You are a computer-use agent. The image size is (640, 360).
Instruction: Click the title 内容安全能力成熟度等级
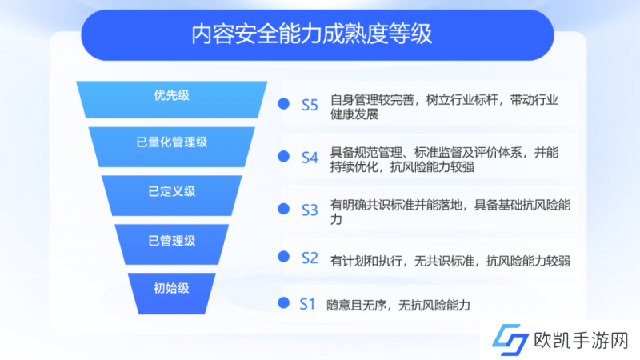(x=311, y=34)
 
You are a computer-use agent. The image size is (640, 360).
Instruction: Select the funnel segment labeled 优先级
(x=171, y=99)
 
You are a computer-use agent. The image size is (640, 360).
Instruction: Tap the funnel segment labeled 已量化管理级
(x=171, y=146)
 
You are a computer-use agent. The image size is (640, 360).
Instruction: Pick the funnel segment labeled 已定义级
(x=171, y=195)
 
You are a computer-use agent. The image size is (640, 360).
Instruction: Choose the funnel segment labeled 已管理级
(x=171, y=244)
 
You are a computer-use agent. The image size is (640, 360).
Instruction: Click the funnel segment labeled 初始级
(x=171, y=294)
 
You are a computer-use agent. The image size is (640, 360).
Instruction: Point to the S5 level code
(x=310, y=106)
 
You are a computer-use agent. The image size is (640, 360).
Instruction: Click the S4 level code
(x=310, y=158)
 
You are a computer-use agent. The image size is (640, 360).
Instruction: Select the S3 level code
(x=310, y=210)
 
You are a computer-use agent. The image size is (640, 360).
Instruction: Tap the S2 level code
(x=310, y=258)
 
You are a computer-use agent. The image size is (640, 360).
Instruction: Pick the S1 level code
(x=307, y=304)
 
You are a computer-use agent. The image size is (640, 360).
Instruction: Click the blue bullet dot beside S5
(x=284, y=104)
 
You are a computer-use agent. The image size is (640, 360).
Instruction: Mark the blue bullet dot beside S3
(x=284, y=209)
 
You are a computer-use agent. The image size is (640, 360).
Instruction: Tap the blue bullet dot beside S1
(x=284, y=303)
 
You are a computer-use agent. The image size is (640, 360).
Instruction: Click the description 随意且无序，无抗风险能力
(x=398, y=306)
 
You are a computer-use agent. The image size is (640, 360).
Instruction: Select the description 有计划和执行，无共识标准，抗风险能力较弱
(x=450, y=261)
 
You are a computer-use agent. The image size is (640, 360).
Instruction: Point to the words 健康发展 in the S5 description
(x=354, y=114)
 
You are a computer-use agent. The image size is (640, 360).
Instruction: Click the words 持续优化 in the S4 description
(x=354, y=166)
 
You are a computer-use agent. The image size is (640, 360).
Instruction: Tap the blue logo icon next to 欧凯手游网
(x=510, y=339)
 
